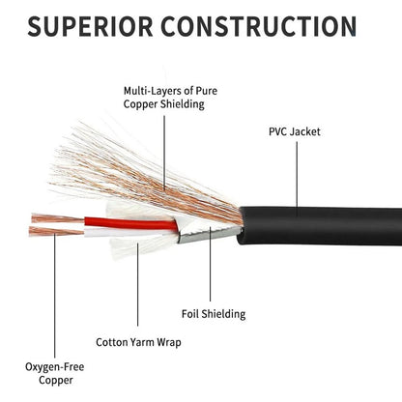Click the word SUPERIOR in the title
[x=90, y=26]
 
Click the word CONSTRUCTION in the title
[x=259, y=26]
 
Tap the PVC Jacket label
[x=295, y=131]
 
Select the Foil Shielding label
[x=214, y=314]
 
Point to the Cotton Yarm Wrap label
[x=138, y=342]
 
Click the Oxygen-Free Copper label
[x=55, y=373]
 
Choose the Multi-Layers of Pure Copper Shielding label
[x=170, y=98]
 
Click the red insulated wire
[x=130, y=223]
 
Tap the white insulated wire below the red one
[x=129, y=233]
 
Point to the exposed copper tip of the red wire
[x=57, y=218]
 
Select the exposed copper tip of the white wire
[x=56, y=231]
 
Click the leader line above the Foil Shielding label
[x=211, y=264]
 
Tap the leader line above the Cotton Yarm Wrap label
[x=137, y=284]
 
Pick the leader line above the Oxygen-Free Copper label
[x=55, y=296]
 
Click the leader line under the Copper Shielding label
[x=164, y=153]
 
